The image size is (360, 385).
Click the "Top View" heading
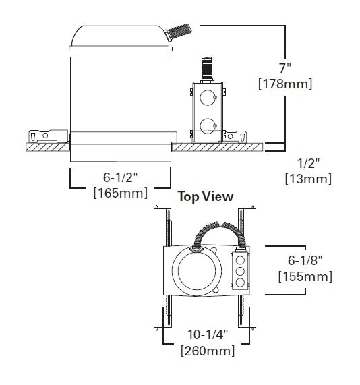pos(205,197)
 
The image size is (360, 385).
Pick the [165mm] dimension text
pos(120,194)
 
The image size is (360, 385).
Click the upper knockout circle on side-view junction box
pos(206,94)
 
